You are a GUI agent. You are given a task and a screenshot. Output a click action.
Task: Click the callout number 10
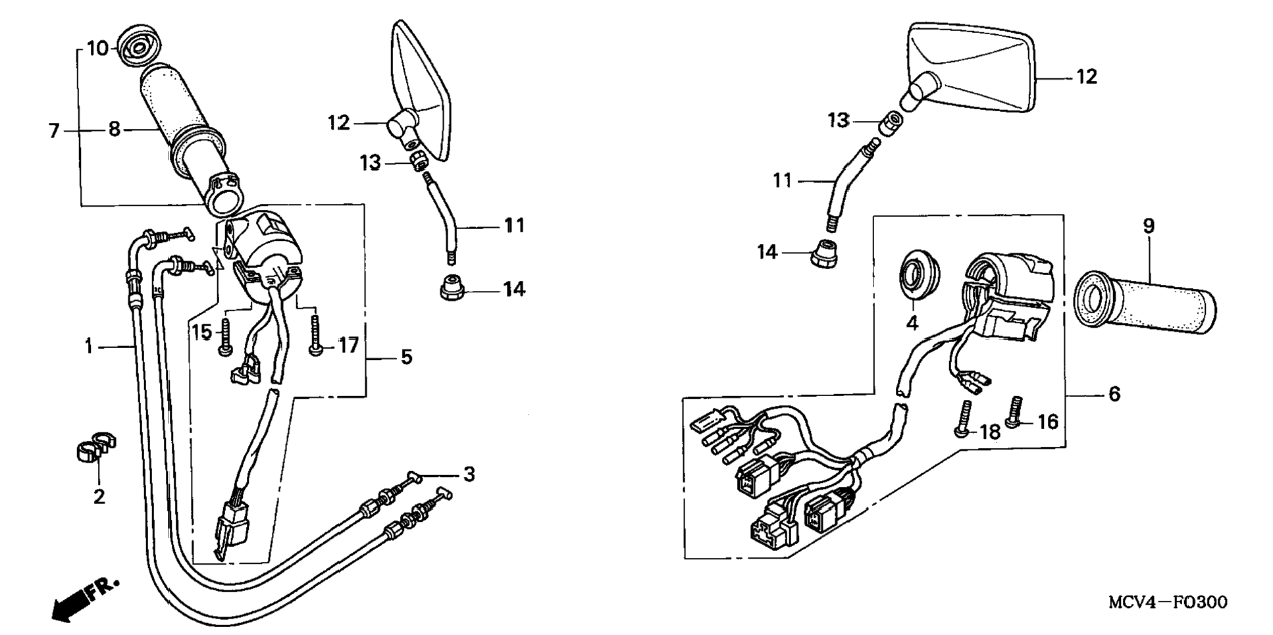click(97, 49)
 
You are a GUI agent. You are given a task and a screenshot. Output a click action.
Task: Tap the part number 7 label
click(54, 131)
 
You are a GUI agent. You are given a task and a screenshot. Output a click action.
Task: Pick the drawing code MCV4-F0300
click(1167, 602)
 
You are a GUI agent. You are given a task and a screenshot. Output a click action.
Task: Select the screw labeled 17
click(315, 336)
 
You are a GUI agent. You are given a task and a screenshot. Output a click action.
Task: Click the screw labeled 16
click(1016, 411)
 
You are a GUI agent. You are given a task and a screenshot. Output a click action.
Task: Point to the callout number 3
click(469, 474)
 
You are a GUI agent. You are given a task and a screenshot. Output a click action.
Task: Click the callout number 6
click(1114, 394)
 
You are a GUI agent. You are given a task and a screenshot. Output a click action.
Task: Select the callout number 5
click(407, 357)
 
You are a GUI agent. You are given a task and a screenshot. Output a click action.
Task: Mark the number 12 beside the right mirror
click(1087, 77)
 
